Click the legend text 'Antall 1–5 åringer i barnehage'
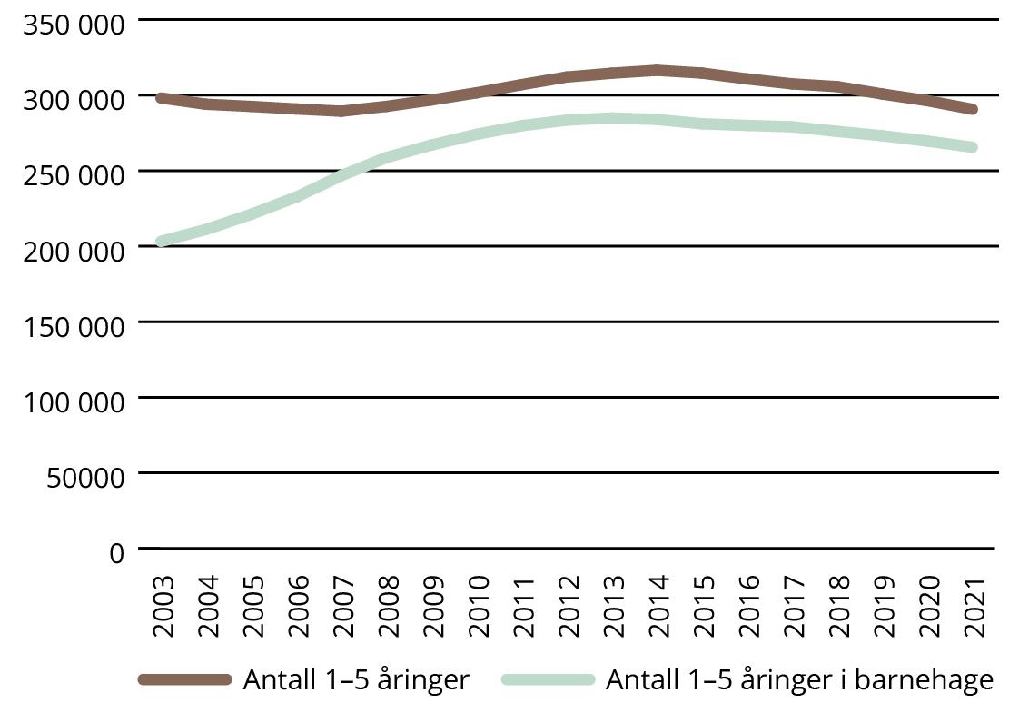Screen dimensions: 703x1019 pos(799,679)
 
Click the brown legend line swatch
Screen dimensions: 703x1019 pos(185,679)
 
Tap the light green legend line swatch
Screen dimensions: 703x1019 pos(547,679)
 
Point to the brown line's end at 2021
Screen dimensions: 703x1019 pos(973,109)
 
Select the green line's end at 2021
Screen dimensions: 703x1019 pos(973,147)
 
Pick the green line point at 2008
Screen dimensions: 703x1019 pos(388,158)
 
